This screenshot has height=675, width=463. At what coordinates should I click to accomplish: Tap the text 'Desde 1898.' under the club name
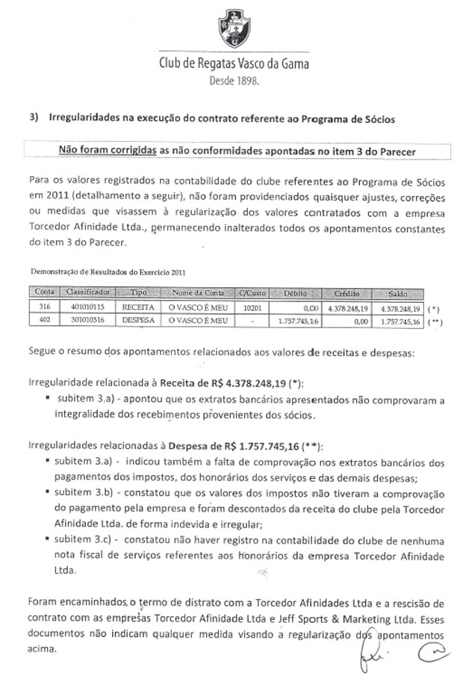pyautogui.click(x=232, y=82)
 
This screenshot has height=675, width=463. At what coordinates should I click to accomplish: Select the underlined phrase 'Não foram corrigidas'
pyautogui.click(x=108, y=150)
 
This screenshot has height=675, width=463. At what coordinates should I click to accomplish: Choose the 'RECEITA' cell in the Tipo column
pyautogui.click(x=138, y=307)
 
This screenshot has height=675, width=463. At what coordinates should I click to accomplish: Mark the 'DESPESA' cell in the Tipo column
pyautogui.click(x=138, y=320)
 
